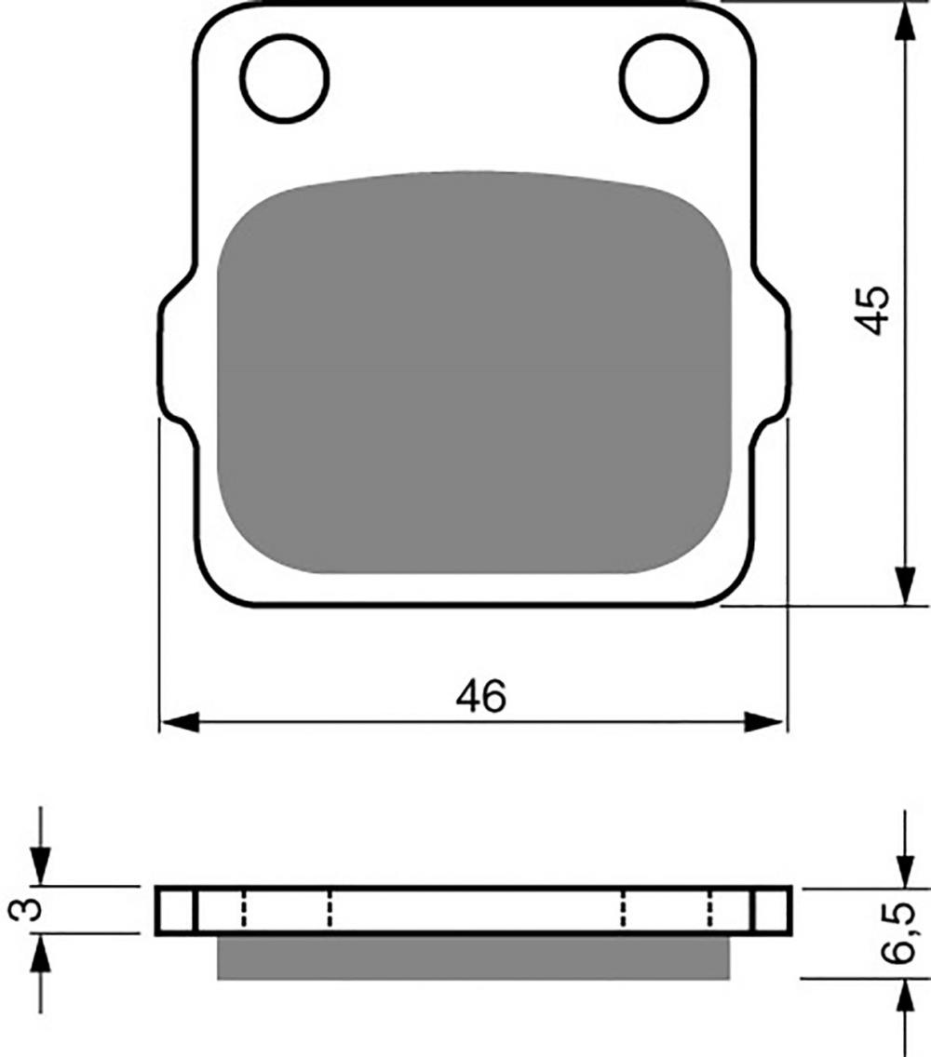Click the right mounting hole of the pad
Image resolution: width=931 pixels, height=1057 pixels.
point(665,78)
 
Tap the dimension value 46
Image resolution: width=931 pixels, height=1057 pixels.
point(480,696)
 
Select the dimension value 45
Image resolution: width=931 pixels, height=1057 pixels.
point(873,310)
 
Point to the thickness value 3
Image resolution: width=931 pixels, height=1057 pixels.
point(26,910)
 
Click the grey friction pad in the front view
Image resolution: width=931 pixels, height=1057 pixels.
point(474,372)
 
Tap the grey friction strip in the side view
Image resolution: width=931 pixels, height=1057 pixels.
point(474,957)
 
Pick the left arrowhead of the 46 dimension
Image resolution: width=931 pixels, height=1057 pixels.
point(181,722)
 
